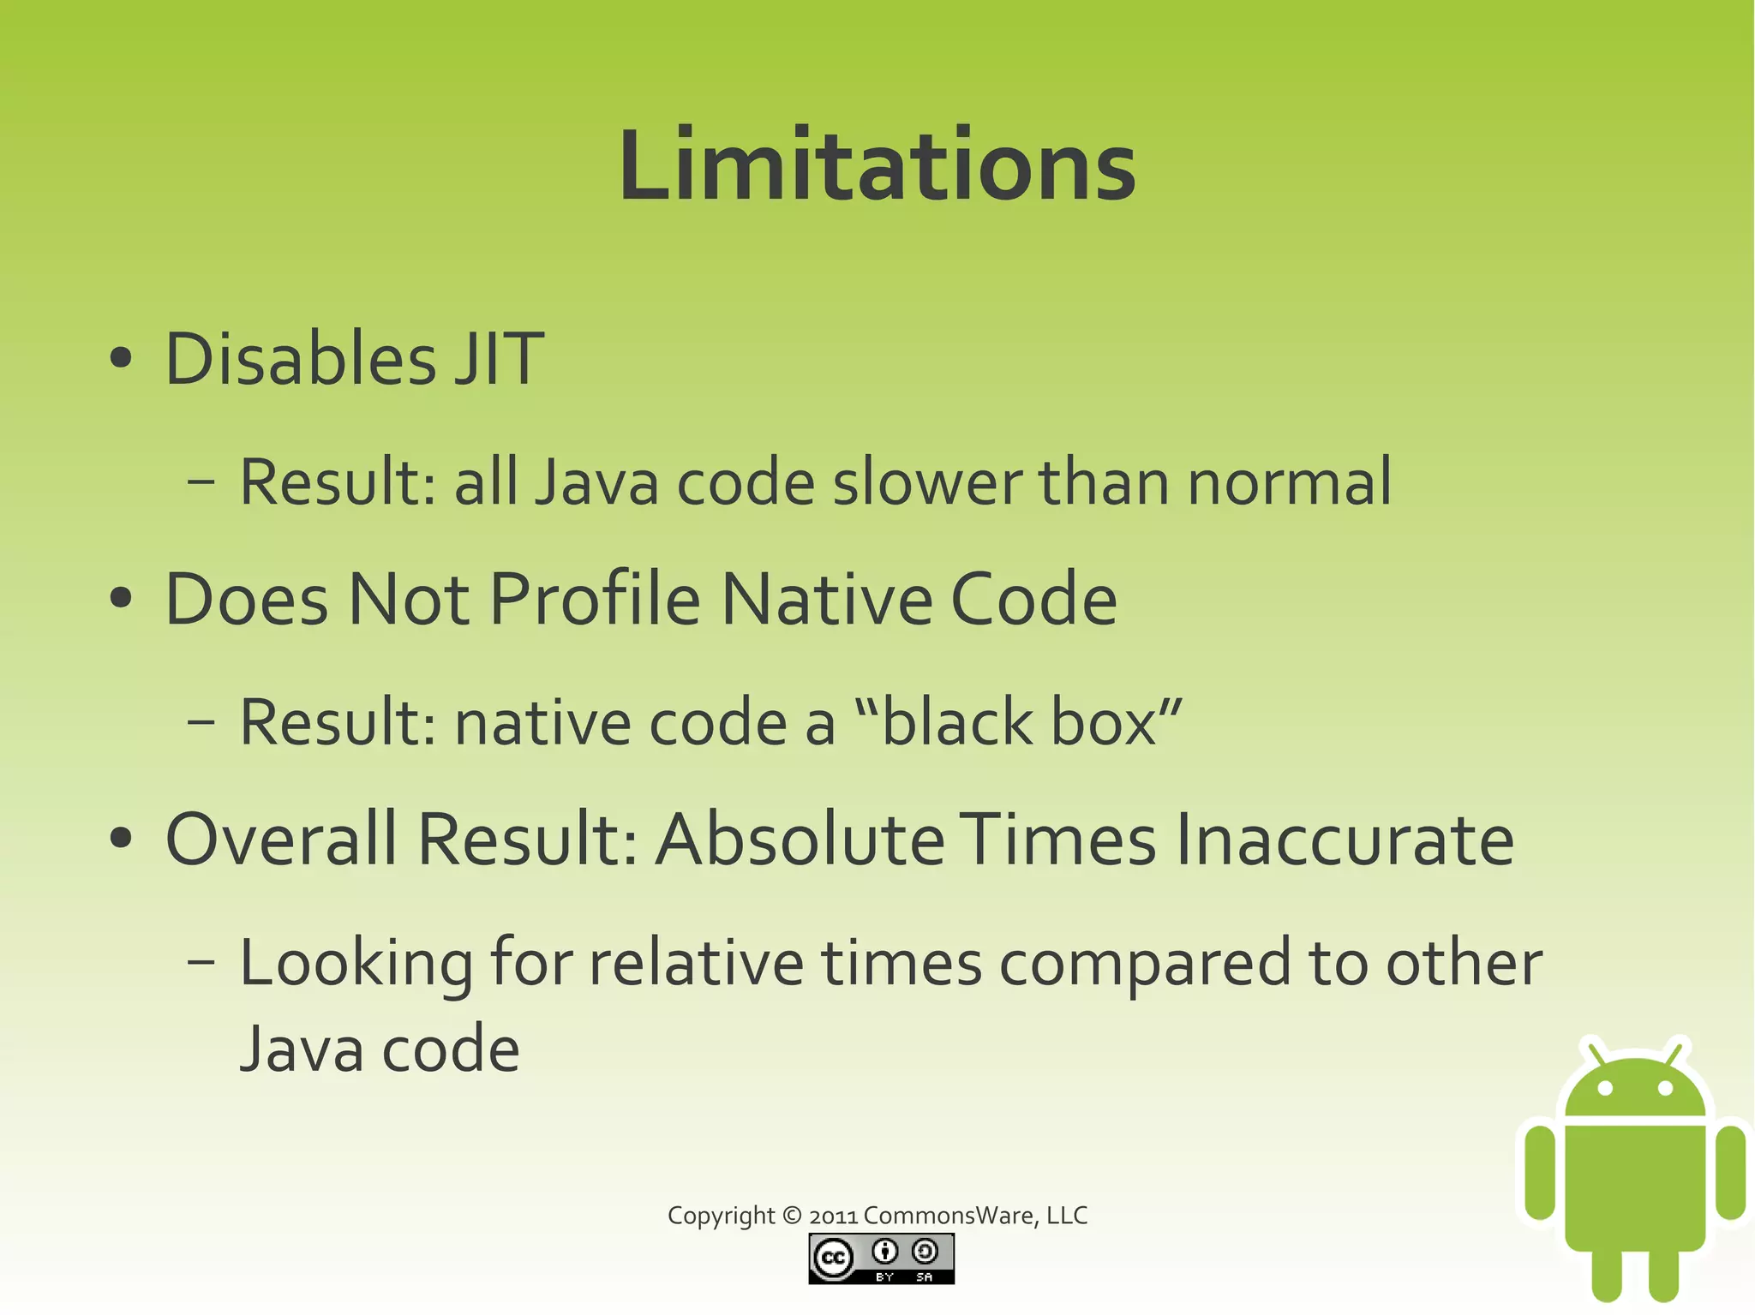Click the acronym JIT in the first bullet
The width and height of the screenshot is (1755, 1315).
coord(499,359)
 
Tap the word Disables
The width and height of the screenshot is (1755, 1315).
coord(300,359)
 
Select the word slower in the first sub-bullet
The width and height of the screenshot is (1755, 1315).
coord(927,482)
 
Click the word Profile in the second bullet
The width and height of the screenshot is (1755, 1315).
coord(595,600)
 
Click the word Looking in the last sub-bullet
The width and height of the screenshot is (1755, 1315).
coord(356,964)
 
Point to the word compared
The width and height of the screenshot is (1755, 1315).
coord(1144,964)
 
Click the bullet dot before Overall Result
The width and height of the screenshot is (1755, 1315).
coord(122,838)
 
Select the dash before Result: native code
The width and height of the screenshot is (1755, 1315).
coord(201,722)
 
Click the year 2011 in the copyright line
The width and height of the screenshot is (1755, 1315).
coord(833,1216)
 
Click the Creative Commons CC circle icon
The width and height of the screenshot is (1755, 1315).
coord(833,1258)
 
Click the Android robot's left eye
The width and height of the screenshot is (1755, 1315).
coord(1606,1089)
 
